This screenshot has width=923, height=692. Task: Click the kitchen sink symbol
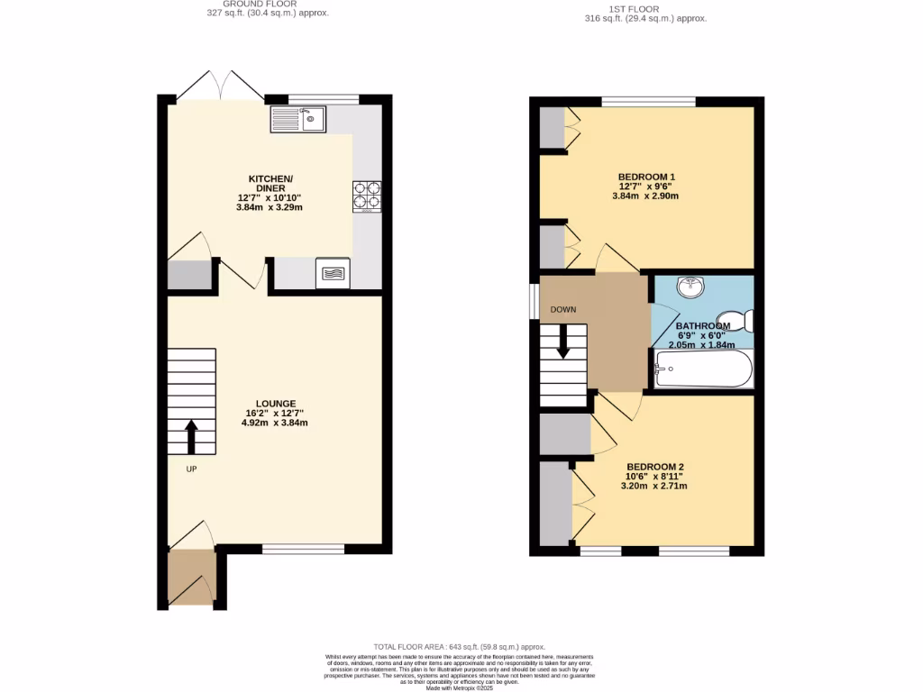click(x=298, y=119)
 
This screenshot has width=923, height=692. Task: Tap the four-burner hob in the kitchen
click(x=366, y=196)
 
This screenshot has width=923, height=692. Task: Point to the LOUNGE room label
click(x=275, y=404)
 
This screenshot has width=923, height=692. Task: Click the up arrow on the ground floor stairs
click(x=191, y=436)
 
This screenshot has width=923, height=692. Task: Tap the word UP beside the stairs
click(x=191, y=469)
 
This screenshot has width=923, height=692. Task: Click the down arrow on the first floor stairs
click(x=563, y=341)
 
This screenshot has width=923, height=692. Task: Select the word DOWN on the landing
click(x=563, y=309)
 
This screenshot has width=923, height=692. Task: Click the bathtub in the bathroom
click(x=703, y=368)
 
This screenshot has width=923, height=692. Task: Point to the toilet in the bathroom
click(x=740, y=321)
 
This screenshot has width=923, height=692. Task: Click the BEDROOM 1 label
click(x=645, y=177)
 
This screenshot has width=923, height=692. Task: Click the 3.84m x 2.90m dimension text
click(x=645, y=196)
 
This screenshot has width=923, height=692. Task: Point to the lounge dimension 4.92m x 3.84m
click(x=275, y=423)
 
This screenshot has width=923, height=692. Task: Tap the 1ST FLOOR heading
click(x=645, y=8)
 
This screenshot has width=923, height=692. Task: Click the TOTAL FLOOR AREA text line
click(x=461, y=647)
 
